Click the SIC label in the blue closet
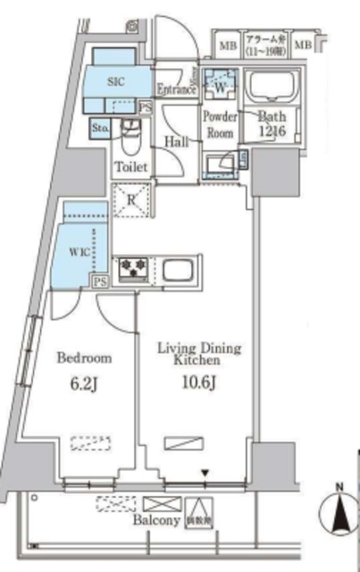tap(116, 80)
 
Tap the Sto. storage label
tap(100, 129)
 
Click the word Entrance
tap(175, 89)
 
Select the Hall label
tap(175, 141)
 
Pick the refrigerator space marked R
tap(130, 198)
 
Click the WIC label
tap(80, 252)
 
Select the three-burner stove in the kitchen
tap(134, 266)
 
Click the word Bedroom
tap(84, 358)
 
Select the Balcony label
tap(153, 519)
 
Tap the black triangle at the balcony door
tap(205, 474)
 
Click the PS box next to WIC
tap(100, 281)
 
